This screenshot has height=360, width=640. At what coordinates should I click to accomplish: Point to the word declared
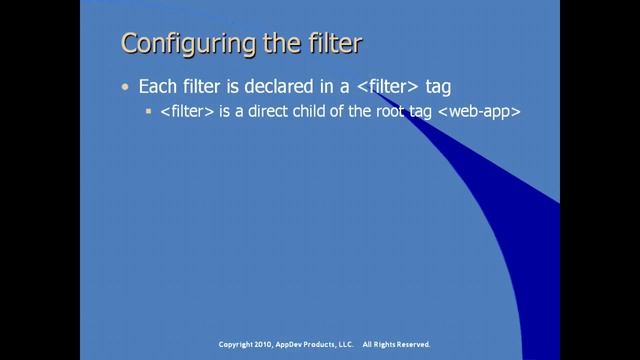[259, 89]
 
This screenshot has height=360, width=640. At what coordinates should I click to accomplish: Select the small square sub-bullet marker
[149, 113]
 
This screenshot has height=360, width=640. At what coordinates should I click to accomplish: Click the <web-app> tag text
[478, 113]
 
